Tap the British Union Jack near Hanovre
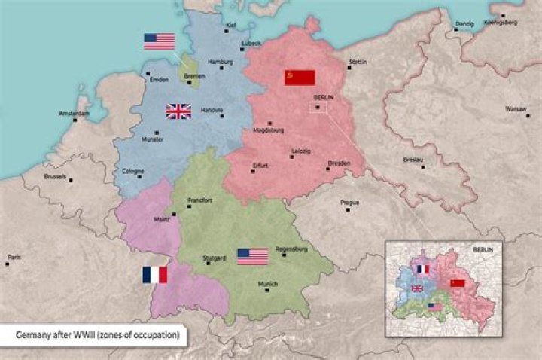coord(178,111)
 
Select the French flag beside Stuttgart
coord(155,275)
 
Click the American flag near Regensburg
coord(252,257)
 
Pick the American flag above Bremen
coord(159,41)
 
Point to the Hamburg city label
coord(220,61)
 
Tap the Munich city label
coord(268,284)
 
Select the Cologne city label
coord(132,171)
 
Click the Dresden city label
coord(339,163)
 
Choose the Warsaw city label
coord(516,108)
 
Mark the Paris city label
coord(14,257)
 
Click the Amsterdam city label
coord(74,114)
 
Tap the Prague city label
coord(349,202)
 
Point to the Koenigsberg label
coord(501,23)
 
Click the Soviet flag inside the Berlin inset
coord(458,283)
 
